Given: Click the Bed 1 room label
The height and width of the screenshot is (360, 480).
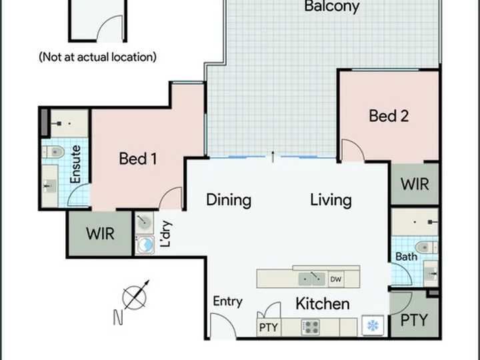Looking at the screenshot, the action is coord(138,159).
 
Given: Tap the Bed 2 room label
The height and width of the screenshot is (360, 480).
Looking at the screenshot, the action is coord(389,116).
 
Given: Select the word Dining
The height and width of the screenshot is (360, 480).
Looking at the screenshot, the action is coord(229,200).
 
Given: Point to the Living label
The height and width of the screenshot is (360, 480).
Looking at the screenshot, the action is coord(331,200).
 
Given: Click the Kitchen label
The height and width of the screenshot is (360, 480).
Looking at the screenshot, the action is coord(323,304).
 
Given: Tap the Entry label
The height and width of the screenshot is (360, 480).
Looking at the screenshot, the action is coord(228,301).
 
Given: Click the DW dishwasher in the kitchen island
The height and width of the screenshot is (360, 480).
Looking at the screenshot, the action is coord(336,279).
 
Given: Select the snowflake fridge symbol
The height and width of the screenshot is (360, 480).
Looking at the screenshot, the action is coord(373,325).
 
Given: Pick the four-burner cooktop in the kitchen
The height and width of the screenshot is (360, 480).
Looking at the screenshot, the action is coord(311,327).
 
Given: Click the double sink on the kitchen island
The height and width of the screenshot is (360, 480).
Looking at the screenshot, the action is coord(312,279).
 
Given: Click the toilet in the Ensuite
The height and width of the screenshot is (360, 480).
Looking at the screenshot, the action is coord(54,152).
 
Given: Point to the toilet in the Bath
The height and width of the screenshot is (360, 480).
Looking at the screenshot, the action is coord(426,247).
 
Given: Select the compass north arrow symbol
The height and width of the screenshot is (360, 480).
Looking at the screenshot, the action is coord(135,295).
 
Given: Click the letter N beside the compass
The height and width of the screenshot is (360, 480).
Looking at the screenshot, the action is coord(118,317).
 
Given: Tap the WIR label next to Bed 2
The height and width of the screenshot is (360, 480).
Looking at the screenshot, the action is coord(415,184).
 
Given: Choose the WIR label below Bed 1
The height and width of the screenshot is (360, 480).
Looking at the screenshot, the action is coord(101,233).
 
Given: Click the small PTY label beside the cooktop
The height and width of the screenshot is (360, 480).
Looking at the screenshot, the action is coord(269,327).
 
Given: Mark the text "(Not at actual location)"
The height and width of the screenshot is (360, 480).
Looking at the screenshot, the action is coord(97,57).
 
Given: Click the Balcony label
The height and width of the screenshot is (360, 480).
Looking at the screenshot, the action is coord(332,7).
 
